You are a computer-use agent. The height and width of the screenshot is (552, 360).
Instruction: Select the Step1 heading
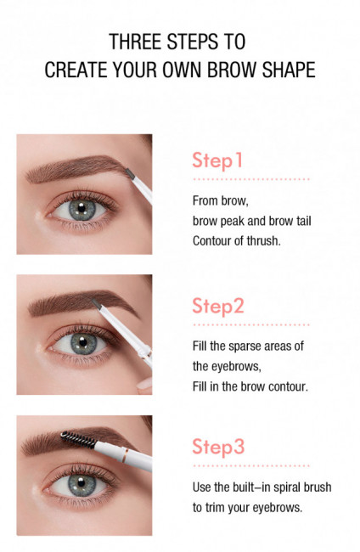(217, 161)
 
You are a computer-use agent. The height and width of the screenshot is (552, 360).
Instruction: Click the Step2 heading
(218, 306)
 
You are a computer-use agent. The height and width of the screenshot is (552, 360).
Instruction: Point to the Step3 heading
(218, 448)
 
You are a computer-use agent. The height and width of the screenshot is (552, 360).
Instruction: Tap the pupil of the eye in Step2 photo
(82, 345)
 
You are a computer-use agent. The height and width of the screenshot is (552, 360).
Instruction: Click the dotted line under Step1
(250, 180)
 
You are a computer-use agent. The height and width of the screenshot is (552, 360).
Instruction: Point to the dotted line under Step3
(250, 465)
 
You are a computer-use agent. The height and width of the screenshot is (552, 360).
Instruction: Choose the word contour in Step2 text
(285, 386)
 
